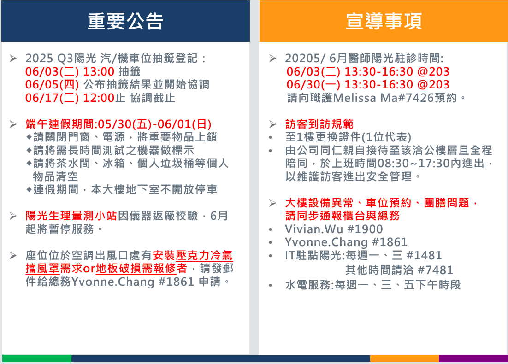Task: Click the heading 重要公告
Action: click(125, 21)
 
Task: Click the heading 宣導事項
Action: click(384, 21)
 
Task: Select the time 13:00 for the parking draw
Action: click(99, 71)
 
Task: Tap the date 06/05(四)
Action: click(52, 85)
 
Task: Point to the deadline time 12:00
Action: click(99, 98)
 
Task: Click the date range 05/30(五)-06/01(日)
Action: click(154, 124)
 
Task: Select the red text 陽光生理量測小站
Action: click(71, 216)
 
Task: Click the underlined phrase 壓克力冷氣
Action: click(204, 256)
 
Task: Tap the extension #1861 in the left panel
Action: click(176, 282)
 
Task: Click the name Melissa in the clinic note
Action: click(355, 98)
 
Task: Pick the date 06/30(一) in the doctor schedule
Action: click(313, 85)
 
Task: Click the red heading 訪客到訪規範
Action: click(319, 124)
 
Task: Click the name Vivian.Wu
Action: click(314, 229)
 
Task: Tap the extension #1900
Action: click(365, 229)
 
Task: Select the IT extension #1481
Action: click(425, 256)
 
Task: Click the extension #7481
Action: click(436, 270)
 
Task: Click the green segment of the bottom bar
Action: click(36, 358)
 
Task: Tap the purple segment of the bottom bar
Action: click(473, 358)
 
